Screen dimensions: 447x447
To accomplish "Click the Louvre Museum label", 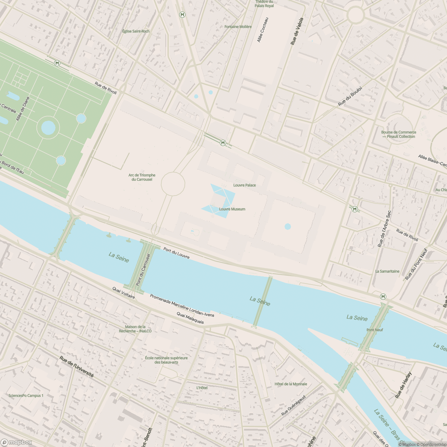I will [x=232, y=209].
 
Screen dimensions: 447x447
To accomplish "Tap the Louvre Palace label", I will [x=244, y=185].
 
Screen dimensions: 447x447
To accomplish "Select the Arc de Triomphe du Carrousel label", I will [x=142, y=177].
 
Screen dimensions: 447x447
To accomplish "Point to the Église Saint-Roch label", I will [x=136, y=31].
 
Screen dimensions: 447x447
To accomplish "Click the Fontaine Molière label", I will [x=238, y=27].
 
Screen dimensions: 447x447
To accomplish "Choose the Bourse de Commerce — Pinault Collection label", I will [x=399, y=134].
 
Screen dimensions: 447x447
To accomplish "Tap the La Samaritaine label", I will [x=387, y=271].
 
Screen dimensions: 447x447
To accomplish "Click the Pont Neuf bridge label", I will [x=374, y=330].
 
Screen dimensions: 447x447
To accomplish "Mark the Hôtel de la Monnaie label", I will [x=291, y=384].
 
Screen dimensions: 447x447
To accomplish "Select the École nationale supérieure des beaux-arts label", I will [x=166, y=360].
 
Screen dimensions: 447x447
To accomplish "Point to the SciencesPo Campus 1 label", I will [x=26, y=396].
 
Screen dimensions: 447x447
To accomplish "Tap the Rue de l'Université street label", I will [x=76, y=367].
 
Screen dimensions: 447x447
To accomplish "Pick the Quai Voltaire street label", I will [x=124, y=292].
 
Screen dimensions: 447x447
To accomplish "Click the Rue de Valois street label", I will [x=297, y=32].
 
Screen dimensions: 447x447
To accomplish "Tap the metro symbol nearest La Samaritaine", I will [x=383, y=297].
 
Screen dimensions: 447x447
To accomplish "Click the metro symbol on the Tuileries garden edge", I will [x=57, y=63].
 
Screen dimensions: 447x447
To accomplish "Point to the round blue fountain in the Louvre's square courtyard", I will [x=288, y=226].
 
